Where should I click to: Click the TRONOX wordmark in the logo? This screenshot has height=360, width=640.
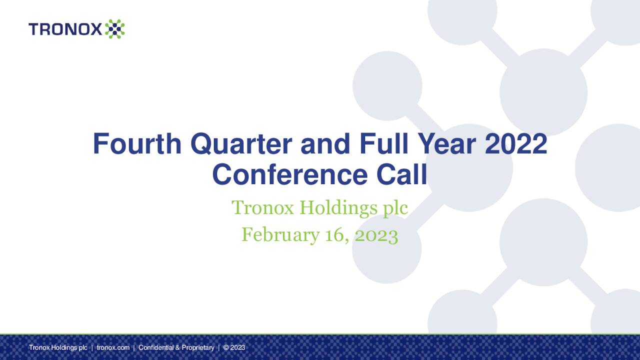[x=65, y=29]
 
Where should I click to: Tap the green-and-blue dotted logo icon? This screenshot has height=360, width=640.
[x=114, y=29]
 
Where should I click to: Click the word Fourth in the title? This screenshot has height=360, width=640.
[x=137, y=144]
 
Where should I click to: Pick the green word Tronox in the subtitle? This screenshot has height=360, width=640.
[x=263, y=208]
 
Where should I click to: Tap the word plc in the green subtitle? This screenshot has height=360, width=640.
[x=396, y=208]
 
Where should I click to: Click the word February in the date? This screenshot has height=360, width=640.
[x=280, y=234]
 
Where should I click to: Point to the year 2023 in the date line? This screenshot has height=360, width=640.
[x=376, y=234]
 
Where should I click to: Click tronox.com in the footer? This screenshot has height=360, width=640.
[x=113, y=347]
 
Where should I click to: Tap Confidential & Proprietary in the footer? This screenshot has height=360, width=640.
[x=176, y=347]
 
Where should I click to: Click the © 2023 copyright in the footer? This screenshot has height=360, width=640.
[x=234, y=347]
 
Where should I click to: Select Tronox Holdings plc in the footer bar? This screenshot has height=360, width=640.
[x=58, y=347]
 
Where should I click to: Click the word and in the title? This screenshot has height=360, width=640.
[x=327, y=144]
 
